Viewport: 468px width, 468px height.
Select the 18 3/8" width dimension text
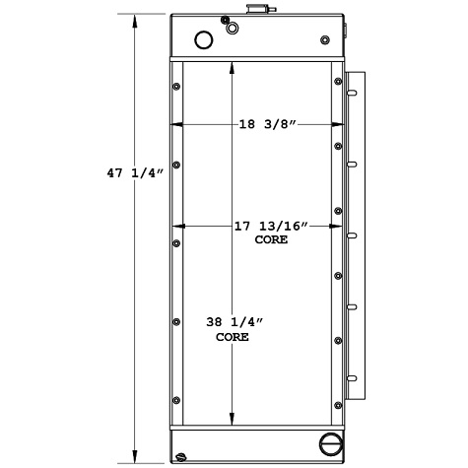tap(267, 125)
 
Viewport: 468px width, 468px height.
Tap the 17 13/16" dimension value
tap(270, 227)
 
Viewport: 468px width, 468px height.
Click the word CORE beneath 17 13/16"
tap(271, 239)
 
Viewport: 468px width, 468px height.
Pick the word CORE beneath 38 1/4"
tap(233, 336)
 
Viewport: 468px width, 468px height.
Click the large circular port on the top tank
tap(204, 40)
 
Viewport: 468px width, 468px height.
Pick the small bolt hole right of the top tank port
tap(325, 40)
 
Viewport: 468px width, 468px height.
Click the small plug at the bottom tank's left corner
tap(181, 455)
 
